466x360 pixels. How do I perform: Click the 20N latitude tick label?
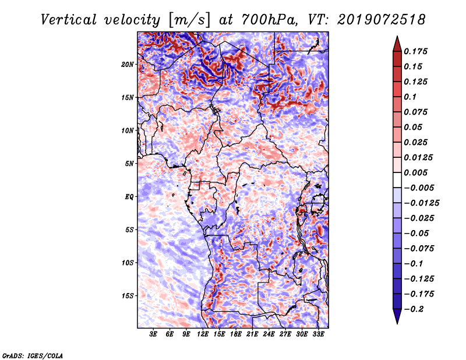point(128,64)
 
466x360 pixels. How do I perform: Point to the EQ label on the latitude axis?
point(129,197)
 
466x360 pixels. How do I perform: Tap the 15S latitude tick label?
point(128,296)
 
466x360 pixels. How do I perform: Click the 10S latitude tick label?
point(128,263)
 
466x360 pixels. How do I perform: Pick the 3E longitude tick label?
point(154,335)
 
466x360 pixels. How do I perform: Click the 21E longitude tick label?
point(252,335)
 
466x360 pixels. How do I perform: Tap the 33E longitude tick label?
point(318,335)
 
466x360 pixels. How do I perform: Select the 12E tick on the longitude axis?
point(203,335)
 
